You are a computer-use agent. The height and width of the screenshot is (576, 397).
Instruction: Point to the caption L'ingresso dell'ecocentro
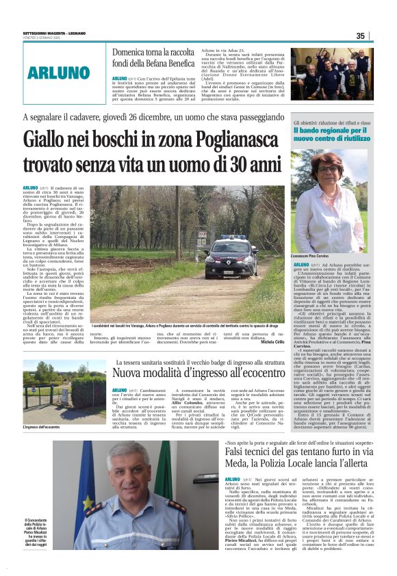[x=41, y=427]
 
